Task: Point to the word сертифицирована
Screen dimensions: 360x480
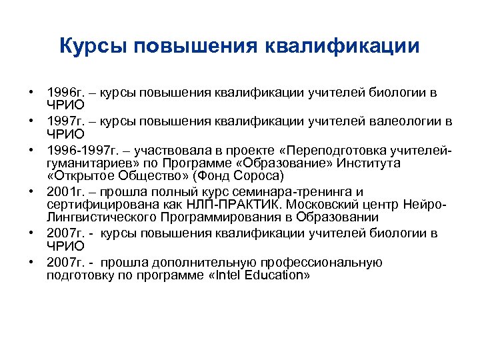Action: coord(93,205)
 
